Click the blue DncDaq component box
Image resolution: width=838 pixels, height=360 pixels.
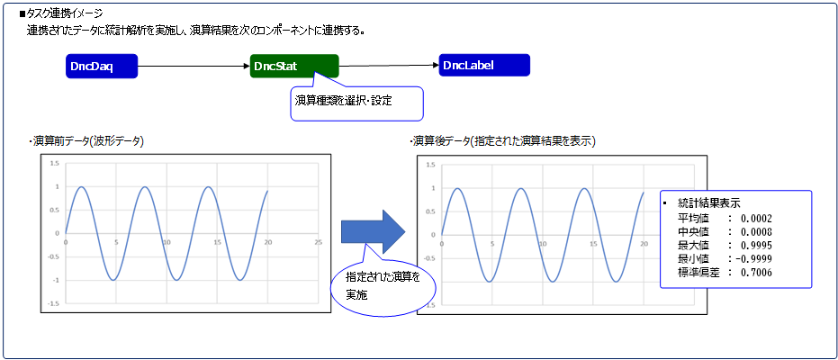102,67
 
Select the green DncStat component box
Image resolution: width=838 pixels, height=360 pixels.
294,66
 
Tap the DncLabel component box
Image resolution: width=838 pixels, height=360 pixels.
484,65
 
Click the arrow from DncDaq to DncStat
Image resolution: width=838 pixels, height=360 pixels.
194,67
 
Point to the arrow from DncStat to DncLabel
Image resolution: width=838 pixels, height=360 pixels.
389,66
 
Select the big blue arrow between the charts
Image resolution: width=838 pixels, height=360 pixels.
373,231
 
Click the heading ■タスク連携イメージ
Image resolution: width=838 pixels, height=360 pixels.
60,13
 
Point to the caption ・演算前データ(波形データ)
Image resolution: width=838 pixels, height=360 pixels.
86,141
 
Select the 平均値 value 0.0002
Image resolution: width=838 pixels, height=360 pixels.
756,218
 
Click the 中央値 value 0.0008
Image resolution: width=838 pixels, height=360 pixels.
756,232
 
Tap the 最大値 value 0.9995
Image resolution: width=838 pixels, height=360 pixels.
756,245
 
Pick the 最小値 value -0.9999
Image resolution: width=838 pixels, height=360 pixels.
754,259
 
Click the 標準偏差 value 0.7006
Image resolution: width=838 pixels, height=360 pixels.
756,273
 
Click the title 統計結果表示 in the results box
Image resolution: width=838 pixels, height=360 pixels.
708,203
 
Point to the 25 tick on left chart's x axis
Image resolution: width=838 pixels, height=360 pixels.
319,242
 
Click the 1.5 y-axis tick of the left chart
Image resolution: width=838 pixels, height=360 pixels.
55,163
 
